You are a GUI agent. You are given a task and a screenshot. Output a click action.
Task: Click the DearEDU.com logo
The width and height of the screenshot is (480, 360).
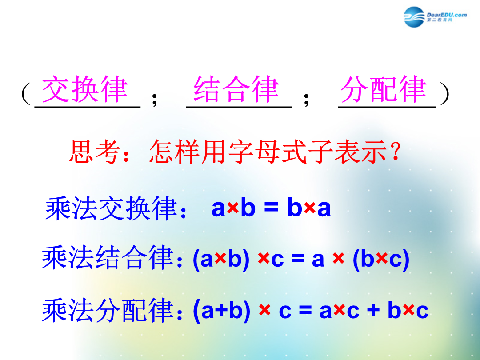pyautogui.click(x=435, y=16)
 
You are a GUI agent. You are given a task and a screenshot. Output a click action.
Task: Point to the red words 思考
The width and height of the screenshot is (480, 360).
pyautogui.click(x=94, y=152)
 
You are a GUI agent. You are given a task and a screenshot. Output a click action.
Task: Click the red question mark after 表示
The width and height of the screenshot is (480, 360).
pyautogui.click(x=396, y=151)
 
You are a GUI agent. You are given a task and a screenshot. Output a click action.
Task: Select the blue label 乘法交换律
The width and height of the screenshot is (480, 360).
pyautogui.click(x=112, y=208)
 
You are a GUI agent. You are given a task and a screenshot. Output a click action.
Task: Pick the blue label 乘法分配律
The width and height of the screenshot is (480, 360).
pyautogui.click(x=108, y=310)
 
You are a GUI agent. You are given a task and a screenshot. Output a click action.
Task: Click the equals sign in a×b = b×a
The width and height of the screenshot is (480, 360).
pyautogui.click(x=271, y=208)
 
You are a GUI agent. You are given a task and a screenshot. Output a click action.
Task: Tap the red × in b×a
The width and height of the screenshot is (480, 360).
pyautogui.click(x=309, y=208)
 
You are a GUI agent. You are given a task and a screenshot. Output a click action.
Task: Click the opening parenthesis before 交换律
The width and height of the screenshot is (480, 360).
pyautogui.click(x=26, y=93)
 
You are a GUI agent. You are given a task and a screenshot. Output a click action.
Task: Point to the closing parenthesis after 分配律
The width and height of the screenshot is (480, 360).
pyautogui.click(x=444, y=93)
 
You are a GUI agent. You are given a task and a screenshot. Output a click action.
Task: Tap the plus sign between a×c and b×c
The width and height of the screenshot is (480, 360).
pyautogui.click(x=373, y=310)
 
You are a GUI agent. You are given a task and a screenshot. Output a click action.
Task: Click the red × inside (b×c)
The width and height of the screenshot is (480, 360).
pyautogui.click(x=381, y=259)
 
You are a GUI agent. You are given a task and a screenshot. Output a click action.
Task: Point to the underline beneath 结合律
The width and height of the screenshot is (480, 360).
pyautogui.click(x=239, y=108)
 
